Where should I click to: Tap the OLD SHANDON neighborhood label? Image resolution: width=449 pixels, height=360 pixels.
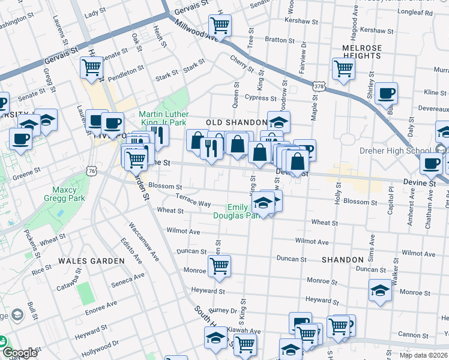236,122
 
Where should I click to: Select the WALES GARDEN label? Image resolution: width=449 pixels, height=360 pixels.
91,261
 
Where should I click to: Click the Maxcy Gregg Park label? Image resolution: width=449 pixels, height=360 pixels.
64,194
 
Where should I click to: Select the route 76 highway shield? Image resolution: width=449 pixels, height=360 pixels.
91,171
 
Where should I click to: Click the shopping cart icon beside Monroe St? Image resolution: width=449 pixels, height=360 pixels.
220,266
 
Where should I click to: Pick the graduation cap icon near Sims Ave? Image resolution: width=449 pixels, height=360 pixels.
380,290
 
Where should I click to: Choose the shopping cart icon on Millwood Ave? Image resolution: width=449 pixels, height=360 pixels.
220,25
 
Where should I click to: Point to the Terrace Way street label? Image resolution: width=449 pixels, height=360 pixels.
193,200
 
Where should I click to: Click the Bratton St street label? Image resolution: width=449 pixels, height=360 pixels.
277,40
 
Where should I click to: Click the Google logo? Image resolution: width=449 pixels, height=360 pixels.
20,353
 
